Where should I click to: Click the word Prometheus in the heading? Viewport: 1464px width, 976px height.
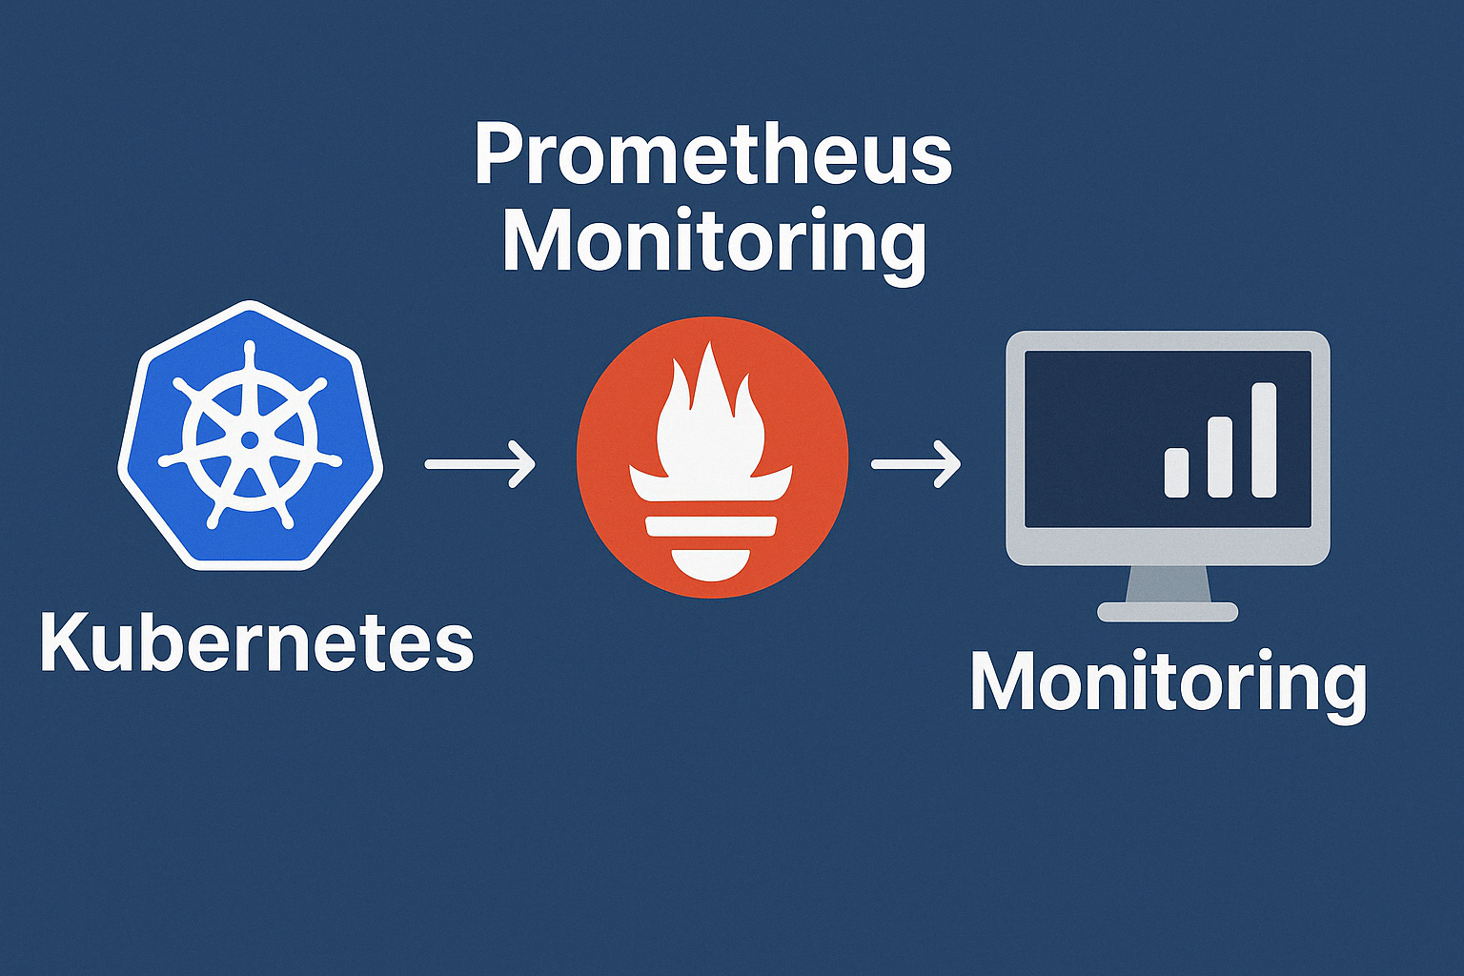coord(713,154)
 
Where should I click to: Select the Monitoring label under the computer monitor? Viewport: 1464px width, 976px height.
coord(1169,682)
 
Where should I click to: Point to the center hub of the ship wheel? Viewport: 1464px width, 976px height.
coord(250,439)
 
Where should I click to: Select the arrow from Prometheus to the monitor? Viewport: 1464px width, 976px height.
coord(916,464)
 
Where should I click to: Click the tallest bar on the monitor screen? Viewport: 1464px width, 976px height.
coord(1264,439)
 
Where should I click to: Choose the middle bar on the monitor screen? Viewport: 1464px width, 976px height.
coord(1221,457)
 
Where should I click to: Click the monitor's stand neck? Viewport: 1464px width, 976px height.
coord(1169,583)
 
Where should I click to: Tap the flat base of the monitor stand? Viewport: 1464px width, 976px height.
coord(1169,612)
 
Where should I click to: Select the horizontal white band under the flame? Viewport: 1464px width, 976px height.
coord(711,525)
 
